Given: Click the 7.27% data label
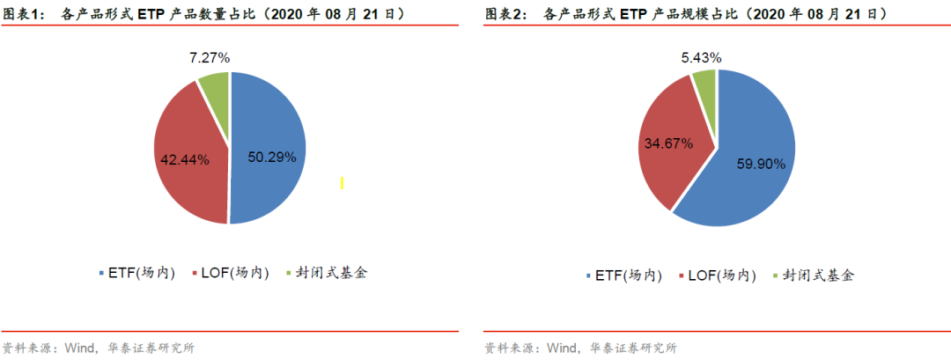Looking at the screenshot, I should click(209, 57).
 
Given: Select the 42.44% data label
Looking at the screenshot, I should click(184, 159).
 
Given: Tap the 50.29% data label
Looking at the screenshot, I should click(270, 157).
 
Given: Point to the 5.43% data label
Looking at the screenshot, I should click(701, 57).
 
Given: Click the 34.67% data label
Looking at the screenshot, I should click(667, 141).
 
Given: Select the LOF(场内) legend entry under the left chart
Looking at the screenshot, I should click(234, 273).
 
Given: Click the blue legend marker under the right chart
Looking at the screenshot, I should click(587, 276).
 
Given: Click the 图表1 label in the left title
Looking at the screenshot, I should click(22, 15).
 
